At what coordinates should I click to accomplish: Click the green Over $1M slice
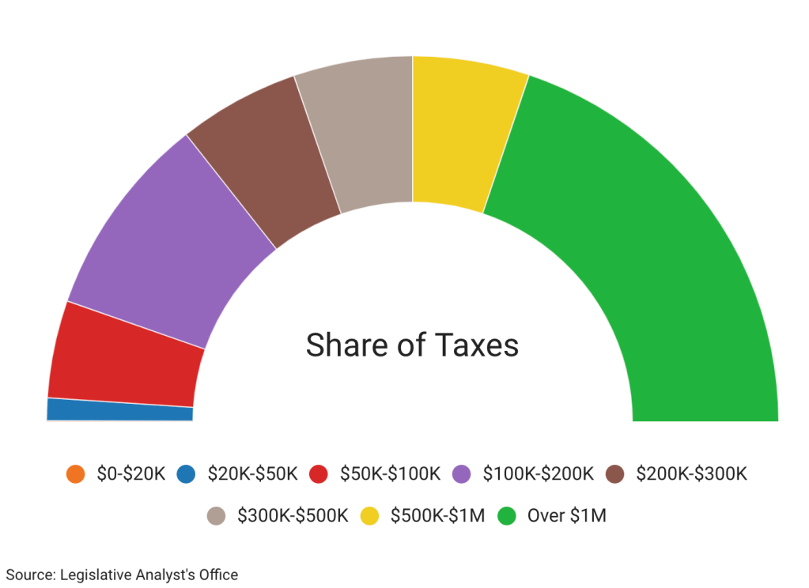[648, 237]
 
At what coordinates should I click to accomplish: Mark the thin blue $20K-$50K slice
[119, 409]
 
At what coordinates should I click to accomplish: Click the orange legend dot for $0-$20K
[76, 474]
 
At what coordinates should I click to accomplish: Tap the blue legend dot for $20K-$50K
[186, 474]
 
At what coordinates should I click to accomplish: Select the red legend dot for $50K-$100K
[319, 474]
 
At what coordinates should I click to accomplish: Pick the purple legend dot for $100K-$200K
[462, 474]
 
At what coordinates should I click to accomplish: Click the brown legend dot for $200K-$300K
[614, 474]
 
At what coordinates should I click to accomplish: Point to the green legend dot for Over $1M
[506, 516]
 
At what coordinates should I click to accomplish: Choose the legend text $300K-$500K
[293, 516]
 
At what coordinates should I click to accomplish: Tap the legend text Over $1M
[566, 516]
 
